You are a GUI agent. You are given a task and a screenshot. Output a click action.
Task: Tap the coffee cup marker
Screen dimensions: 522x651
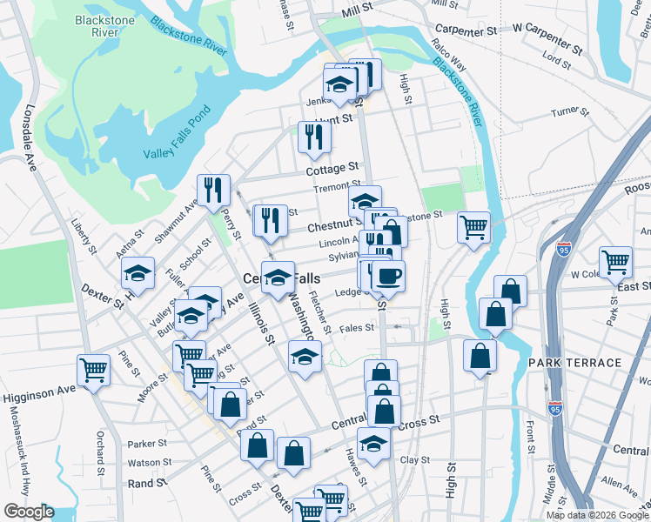pos(388,276)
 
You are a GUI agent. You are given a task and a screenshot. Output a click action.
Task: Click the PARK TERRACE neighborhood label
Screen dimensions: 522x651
pos(574,362)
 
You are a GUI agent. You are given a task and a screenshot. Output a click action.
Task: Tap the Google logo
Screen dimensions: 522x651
pos(29,512)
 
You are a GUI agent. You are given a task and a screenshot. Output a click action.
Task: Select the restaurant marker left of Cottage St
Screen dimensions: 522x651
pos(314,137)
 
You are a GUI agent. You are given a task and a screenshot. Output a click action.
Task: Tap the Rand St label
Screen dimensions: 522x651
pos(147,483)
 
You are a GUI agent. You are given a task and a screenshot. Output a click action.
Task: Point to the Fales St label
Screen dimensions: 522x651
pos(356,328)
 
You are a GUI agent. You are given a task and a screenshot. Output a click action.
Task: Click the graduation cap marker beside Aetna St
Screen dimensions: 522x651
pos(138,272)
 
